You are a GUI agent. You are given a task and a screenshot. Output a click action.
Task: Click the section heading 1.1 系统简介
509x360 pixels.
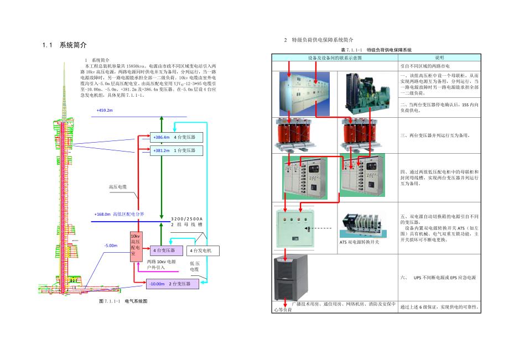(x=65, y=45)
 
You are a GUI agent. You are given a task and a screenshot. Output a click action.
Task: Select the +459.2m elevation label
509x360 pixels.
(x=105, y=111)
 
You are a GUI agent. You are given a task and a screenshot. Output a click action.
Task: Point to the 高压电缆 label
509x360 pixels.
(x=118, y=187)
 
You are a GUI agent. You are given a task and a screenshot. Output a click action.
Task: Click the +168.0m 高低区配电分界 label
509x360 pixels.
(x=119, y=213)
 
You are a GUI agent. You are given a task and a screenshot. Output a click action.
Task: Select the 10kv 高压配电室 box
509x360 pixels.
(x=137, y=246)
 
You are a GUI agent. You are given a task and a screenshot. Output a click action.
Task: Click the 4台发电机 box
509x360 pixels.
(x=202, y=251)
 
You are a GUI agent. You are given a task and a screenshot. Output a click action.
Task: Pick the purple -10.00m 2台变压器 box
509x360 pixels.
(x=172, y=284)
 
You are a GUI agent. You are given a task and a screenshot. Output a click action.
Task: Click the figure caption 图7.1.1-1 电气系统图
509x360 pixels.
(x=123, y=301)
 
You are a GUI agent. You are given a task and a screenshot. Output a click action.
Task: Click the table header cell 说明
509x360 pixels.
(x=439, y=58)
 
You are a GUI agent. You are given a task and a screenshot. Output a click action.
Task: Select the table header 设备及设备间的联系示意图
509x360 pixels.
(x=334, y=58)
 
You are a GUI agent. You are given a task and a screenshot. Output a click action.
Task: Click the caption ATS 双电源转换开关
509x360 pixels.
(x=363, y=242)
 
